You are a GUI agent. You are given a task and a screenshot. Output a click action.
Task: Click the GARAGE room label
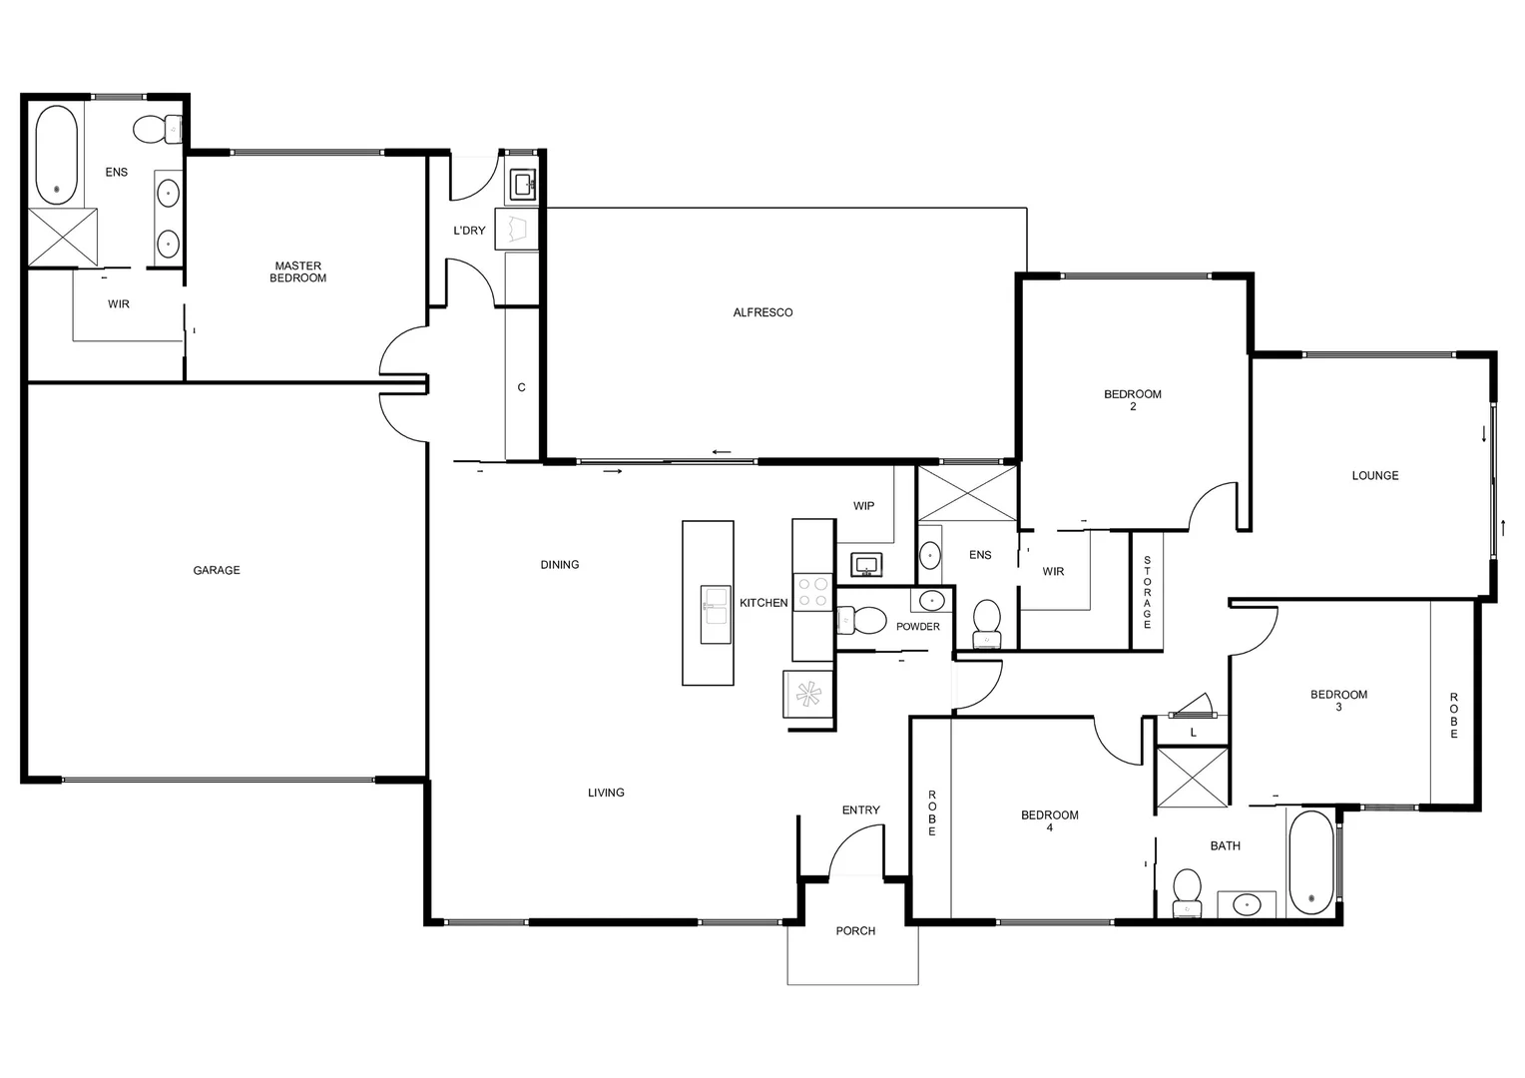217,570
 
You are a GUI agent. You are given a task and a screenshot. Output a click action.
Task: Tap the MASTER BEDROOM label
298,271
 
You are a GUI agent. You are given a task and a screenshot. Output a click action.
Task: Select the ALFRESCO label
762,312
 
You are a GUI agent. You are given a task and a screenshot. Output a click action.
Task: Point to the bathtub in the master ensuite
56,155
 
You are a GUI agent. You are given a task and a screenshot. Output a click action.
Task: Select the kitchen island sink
716,614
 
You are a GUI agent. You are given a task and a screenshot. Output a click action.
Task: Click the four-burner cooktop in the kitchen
812,591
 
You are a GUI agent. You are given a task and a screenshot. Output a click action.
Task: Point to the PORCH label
855,930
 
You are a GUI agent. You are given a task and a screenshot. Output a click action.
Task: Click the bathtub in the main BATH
1310,862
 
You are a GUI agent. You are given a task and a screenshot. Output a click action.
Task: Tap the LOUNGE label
1375,475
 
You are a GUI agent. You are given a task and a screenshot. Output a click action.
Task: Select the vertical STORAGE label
1147,592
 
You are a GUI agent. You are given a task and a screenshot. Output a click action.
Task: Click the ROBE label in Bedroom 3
1454,715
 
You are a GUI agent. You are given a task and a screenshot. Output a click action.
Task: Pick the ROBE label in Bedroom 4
932,812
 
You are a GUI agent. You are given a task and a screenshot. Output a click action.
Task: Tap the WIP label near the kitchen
863,506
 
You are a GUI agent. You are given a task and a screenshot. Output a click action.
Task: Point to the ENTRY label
860,809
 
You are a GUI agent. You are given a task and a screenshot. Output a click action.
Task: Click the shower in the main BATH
1193,776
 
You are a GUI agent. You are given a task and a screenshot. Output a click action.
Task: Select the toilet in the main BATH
1188,891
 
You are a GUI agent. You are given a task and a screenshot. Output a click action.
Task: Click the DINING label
560,564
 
